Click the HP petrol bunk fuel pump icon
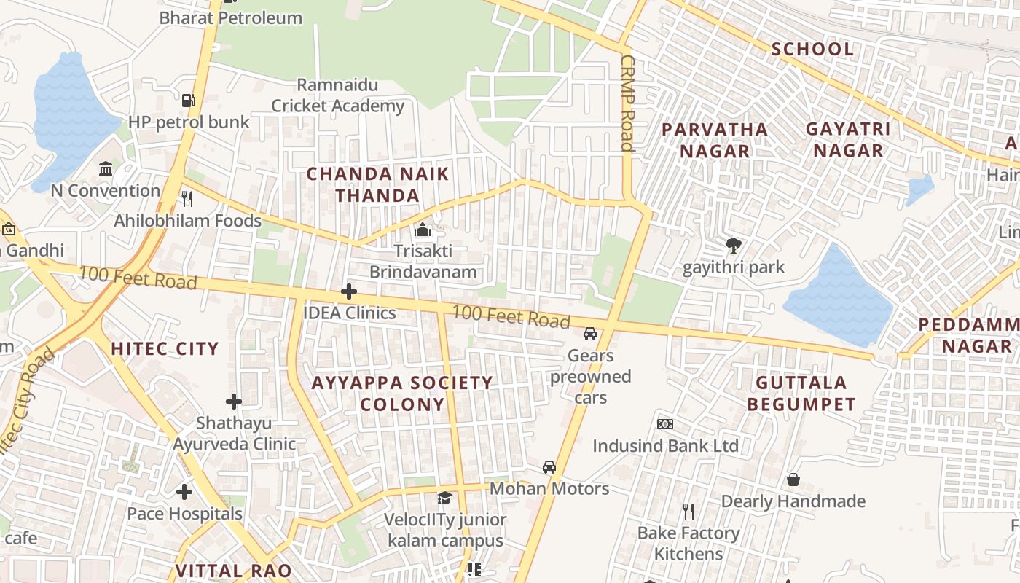click(189, 100)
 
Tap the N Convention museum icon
click(106, 169)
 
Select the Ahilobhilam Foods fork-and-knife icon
click(187, 198)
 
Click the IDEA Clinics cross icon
click(349, 291)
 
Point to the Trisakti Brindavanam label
click(423, 262)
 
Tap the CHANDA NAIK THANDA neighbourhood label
click(377, 184)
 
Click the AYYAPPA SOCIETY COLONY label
click(402, 393)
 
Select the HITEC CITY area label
click(165, 348)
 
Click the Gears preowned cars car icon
click(590, 334)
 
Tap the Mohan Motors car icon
click(549, 467)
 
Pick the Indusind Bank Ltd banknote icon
click(664, 423)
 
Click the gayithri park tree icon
click(733, 246)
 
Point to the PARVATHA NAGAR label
click(714, 140)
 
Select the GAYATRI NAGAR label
click(848, 139)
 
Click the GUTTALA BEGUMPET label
click(801, 393)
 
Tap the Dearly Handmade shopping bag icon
click(793, 480)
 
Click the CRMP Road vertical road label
click(627, 103)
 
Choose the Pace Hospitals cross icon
click(184, 492)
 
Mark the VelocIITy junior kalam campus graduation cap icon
click(444, 498)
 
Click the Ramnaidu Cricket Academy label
click(337, 95)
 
